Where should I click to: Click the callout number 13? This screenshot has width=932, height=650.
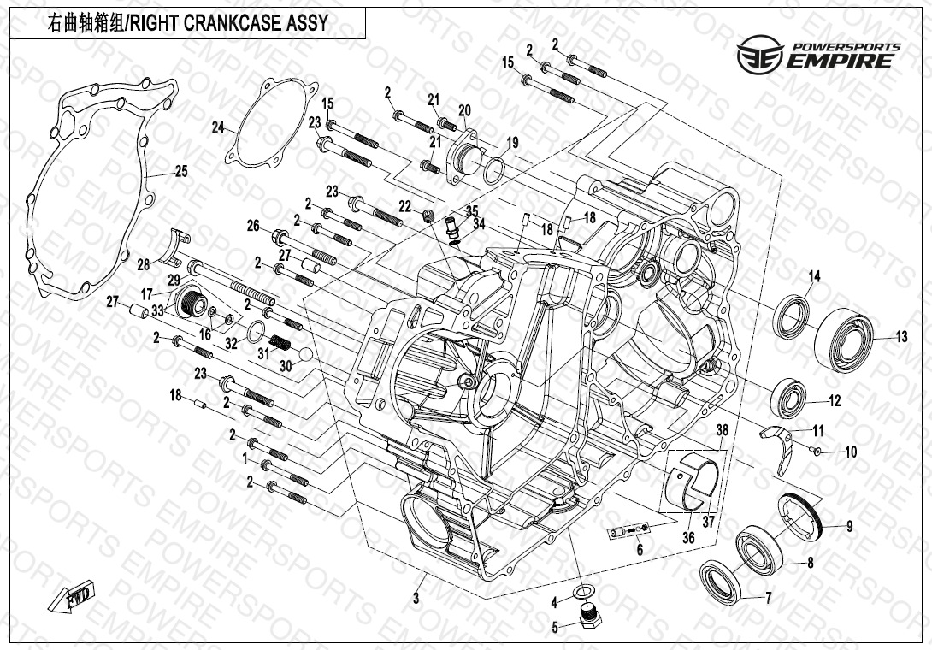pyautogui.click(x=902, y=337)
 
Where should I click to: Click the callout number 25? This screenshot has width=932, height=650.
pyautogui.click(x=181, y=171)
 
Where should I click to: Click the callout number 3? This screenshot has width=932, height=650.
pyautogui.click(x=416, y=599)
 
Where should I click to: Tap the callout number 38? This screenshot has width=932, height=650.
pyautogui.click(x=722, y=431)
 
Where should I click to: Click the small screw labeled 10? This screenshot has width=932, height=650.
pyautogui.click(x=817, y=451)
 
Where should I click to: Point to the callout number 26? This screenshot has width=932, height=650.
pyautogui.click(x=252, y=226)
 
